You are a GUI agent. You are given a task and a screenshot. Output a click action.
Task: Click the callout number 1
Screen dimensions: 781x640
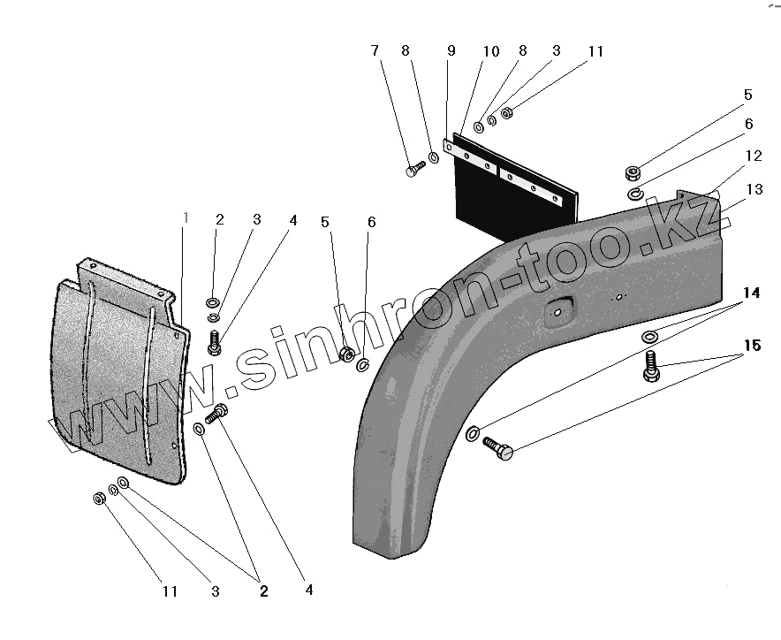(186, 218)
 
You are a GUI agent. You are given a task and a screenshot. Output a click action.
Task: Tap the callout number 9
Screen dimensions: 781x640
(451, 51)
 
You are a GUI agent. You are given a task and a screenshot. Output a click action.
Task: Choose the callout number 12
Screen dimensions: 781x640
(753, 156)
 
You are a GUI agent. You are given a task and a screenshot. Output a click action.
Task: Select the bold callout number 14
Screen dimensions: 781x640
(751, 292)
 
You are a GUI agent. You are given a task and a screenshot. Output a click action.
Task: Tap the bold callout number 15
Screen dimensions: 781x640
(751, 347)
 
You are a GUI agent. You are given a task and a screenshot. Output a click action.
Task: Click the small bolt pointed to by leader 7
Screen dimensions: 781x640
(417, 167)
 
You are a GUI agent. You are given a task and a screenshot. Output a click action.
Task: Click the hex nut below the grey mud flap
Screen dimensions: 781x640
(99, 499)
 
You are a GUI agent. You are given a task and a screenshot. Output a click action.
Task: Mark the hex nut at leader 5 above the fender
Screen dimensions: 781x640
(633, 171)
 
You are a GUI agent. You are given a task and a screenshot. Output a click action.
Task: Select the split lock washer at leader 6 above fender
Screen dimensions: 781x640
(635, 194)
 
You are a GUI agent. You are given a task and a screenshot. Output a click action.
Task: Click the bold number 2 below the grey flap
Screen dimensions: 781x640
(263, 591)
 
